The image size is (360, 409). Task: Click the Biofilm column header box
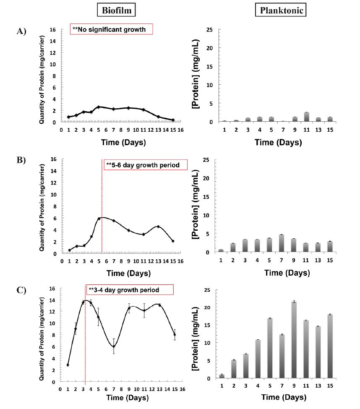pos(115,10)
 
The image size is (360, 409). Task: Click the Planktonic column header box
pos(280,10)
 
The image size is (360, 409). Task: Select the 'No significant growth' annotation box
pos(111,29)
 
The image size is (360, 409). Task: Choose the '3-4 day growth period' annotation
pos(129,289)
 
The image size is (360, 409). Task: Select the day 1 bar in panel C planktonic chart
pos(222,376)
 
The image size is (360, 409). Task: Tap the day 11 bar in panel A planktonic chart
pos(307,117)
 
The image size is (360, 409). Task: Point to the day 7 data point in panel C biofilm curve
pos(114,346)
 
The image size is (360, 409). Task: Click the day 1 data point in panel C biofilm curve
pos(68,365)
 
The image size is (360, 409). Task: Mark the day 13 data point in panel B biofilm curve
pos(158,227)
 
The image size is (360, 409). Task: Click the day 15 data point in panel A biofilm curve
pos(173,120)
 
